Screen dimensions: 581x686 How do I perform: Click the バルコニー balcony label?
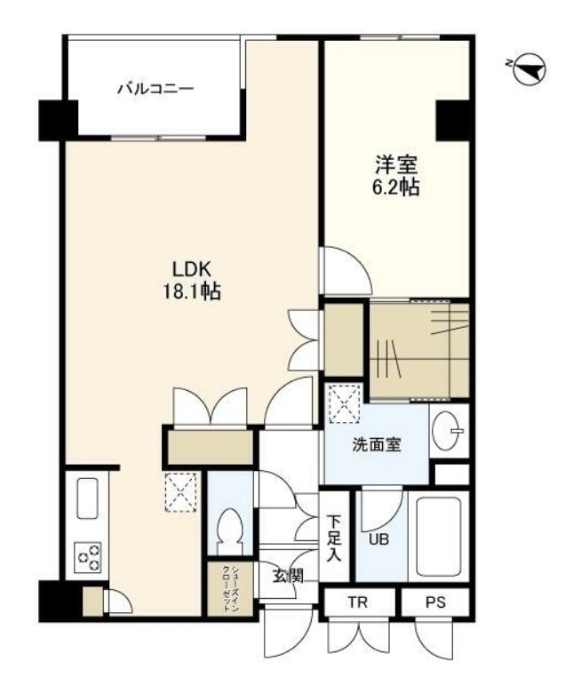(x=155, y=89)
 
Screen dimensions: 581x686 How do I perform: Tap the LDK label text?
(x=192, y=269)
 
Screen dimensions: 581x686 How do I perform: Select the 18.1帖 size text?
(x=192, y=291)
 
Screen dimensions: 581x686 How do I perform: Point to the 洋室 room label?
(x=396, y=165)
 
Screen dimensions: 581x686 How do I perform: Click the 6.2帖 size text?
(x=396, y=187)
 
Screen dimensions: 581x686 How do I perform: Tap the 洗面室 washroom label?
(x=377, y=445)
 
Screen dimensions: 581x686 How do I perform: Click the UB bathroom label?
(x=378, y=539)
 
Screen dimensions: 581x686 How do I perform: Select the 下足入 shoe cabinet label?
(x=335, y=538)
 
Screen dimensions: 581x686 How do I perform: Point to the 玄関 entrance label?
(x=288, y=576)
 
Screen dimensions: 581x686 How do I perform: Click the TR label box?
(x=358, y=602)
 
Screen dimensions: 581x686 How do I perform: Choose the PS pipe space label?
(x=435, y=602)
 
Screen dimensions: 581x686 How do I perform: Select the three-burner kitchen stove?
(x=87, y=557)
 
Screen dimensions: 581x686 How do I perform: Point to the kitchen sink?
(x=87, y=499)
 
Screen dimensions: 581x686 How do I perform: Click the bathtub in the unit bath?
(x=439, y=537)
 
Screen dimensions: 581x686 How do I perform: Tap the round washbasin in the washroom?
(x=445, y=430)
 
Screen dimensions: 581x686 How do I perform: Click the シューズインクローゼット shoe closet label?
(x=231, y=589)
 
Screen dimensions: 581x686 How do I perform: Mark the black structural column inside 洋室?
(x=453, y=120)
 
